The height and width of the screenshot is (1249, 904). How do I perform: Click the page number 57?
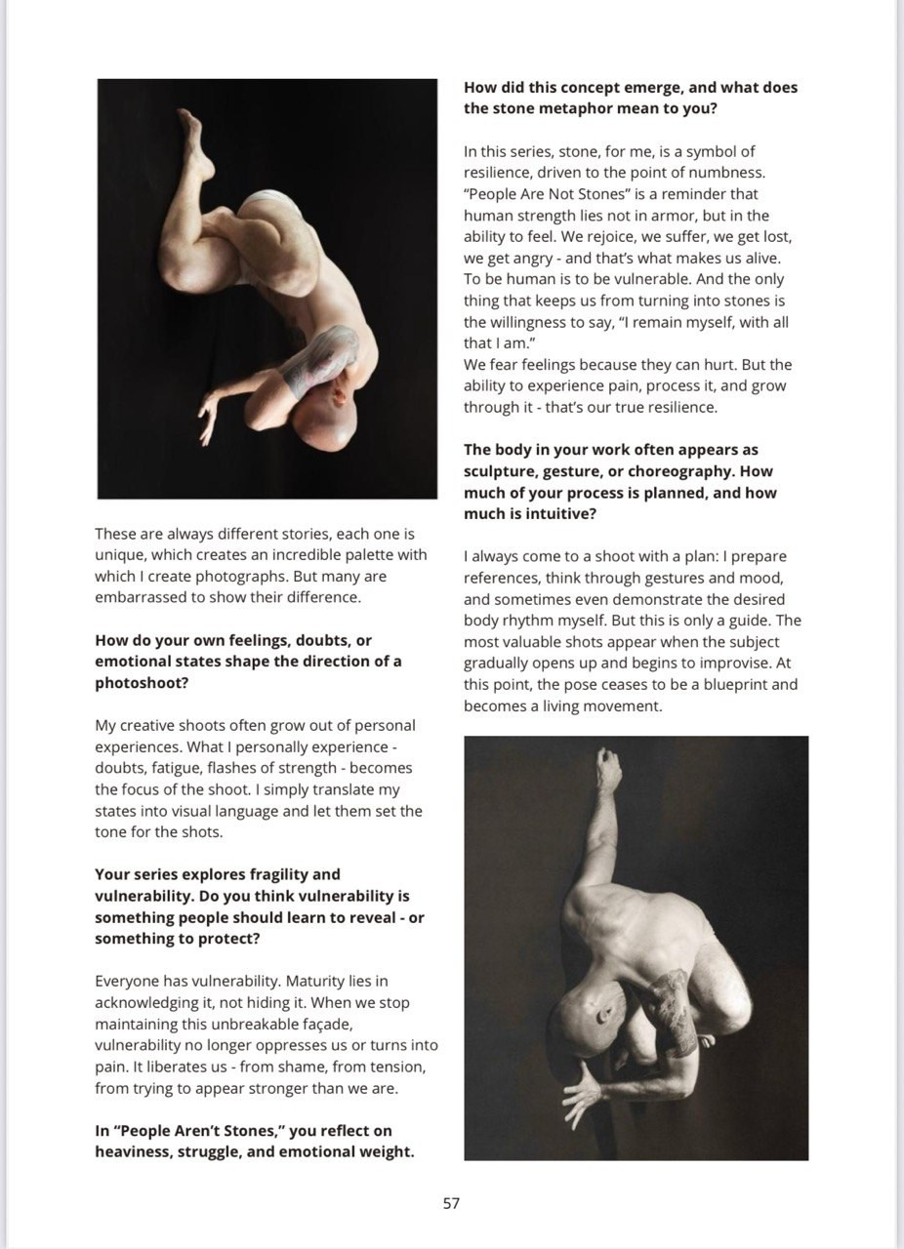pos(451,1203)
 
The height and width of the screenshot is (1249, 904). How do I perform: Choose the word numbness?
pos(719,173)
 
